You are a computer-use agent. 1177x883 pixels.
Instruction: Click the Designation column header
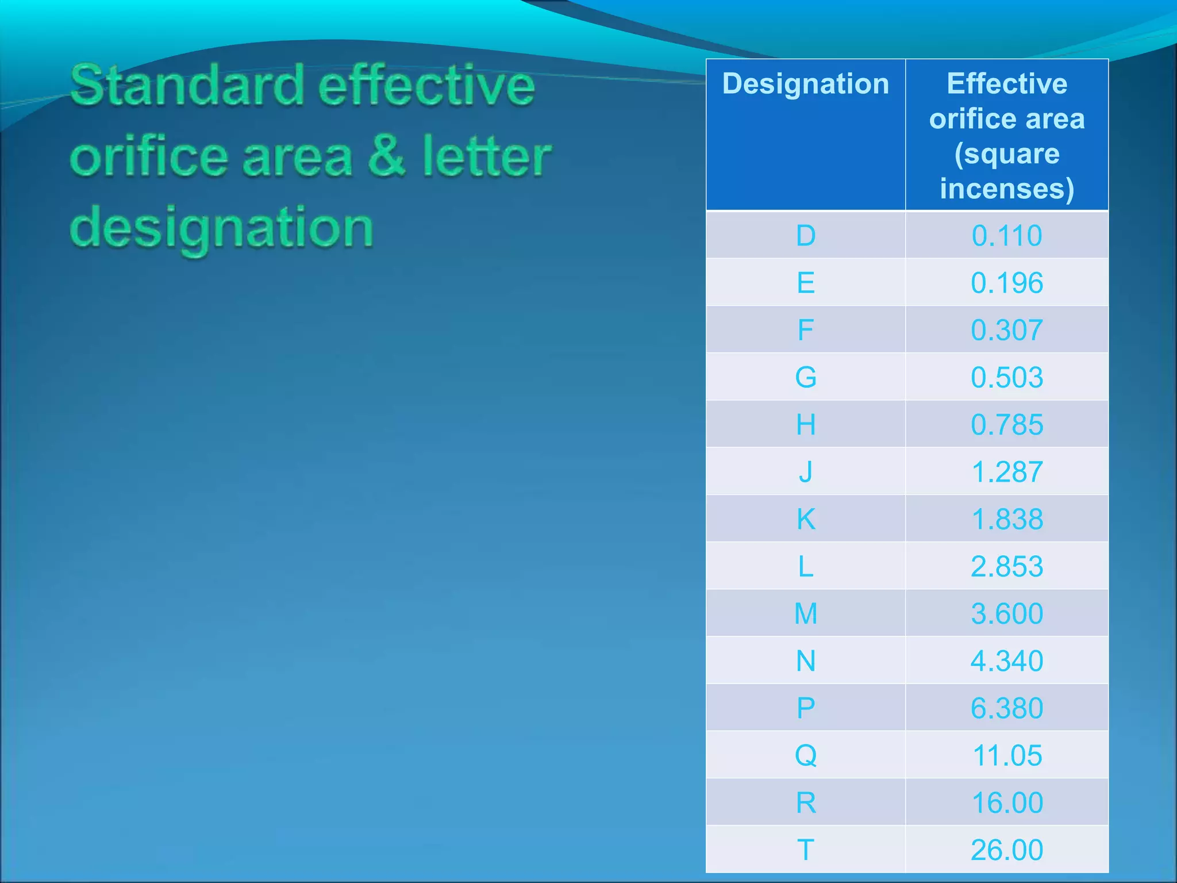coord(805,85)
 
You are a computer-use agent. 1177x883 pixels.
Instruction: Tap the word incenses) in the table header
coord(1007,189)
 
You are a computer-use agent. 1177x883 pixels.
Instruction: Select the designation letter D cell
coord(806,236)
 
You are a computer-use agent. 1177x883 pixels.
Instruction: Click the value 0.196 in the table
coord(1007,283)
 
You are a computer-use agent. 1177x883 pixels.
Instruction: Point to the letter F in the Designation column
coord(806,330)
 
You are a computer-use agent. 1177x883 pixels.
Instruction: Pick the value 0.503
coord(1007,378)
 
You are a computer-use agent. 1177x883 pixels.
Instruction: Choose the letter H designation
coord(806,425)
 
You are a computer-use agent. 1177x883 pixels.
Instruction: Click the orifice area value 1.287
coord(1007,472)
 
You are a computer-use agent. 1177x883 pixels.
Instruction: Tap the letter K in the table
coord(806,519)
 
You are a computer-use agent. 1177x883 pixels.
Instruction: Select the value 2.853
coord(1007,566)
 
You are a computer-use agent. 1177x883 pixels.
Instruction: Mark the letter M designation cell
coord(806,613)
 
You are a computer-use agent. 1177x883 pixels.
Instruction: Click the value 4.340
coord(1007,661)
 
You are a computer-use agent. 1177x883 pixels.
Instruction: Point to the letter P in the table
coord(806,708)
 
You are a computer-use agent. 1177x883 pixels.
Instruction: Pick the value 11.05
coord(1007,755)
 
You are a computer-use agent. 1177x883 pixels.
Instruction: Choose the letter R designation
coord(806,803)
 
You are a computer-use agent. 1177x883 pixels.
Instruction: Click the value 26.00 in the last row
coord(1007,850)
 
